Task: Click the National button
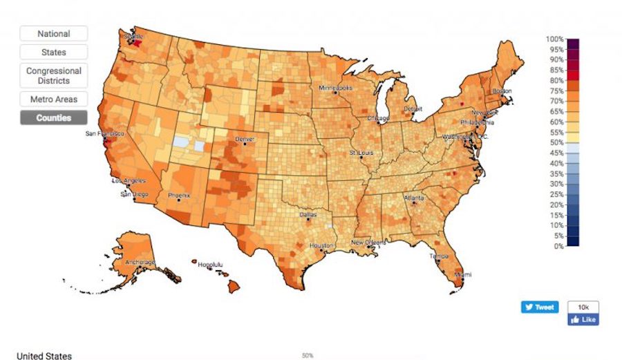[53, 33]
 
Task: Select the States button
[53, 52]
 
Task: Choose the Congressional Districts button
[53, 75]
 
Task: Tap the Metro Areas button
[53, 100]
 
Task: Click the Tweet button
[539, 307]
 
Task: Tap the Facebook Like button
[583, 320]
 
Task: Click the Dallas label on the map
[309, 215]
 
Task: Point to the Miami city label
[462, 274]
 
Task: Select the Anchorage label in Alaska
[140, 263]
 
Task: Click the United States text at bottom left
[44, 356]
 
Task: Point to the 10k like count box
[583, 306]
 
